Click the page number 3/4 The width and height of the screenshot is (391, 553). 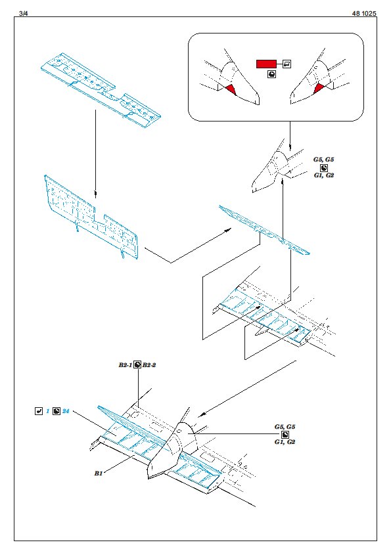click(x=23, y=13)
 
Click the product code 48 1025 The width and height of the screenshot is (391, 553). click(x=364, y=13)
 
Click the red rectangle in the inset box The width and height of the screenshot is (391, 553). click(x=266, y=64)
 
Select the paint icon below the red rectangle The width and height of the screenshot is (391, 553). click(x=271, y=74)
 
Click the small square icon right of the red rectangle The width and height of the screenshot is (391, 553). click(x=287, y=64)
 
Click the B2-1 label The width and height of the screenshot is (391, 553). click(x=126, y=365)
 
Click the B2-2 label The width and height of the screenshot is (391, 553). click(x=149, y=365)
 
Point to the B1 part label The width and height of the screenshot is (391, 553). click(x=98, y=474)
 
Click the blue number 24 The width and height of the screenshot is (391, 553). click(x=66, y=411)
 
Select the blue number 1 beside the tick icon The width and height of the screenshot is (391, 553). click(x=47, y=411)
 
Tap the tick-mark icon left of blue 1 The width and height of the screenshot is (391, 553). click(x=39, y=411)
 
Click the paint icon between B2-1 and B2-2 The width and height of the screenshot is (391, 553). click(x=137, y=365)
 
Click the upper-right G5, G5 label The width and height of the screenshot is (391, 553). click(x=323, y=160)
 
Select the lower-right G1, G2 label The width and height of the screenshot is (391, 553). click(x=285, y=442)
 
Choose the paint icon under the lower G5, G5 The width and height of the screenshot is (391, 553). click(x=285, y=435)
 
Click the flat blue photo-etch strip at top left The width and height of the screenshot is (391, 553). click(x=101, y=90)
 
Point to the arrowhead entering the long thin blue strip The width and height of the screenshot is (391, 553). click(x=228, y=230)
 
